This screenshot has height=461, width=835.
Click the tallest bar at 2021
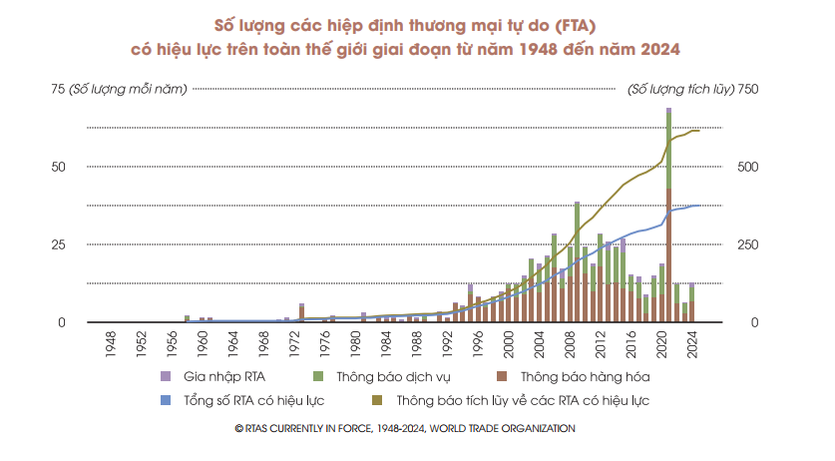[x=668, y=215]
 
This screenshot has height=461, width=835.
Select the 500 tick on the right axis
[x=747, y=167]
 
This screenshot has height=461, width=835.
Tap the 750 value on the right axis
[x=748, y=90]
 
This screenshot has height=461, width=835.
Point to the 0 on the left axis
[x=62, y=322]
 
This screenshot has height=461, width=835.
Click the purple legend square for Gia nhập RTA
[x=166, y=376]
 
